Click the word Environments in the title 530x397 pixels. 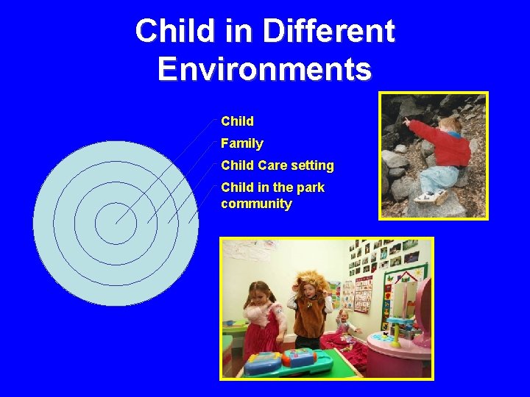[265, 69]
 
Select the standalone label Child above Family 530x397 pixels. [237, 121]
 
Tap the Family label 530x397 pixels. [241, 143]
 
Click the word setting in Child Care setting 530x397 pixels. [312, 165]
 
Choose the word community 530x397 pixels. [256, 204]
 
